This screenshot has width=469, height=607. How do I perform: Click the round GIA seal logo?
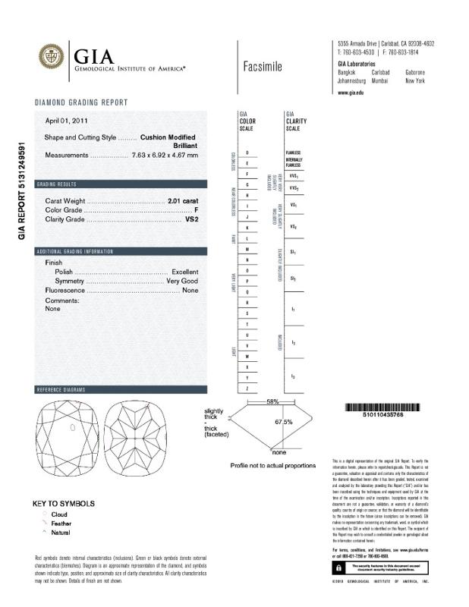pos(52,57)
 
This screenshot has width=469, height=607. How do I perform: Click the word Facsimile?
pos(263,67)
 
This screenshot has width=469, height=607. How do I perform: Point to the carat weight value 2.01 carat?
pos(182,200)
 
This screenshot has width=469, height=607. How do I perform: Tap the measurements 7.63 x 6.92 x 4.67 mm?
pos(165,156)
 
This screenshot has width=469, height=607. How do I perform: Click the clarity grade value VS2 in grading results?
pos(191,219)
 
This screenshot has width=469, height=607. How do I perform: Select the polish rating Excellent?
pos(184,272)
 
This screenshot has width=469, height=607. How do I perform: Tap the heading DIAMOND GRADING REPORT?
pos(81,102)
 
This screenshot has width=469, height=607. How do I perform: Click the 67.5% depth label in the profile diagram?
pos(284,422)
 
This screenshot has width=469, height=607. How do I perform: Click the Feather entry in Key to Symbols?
pos(59,524)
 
